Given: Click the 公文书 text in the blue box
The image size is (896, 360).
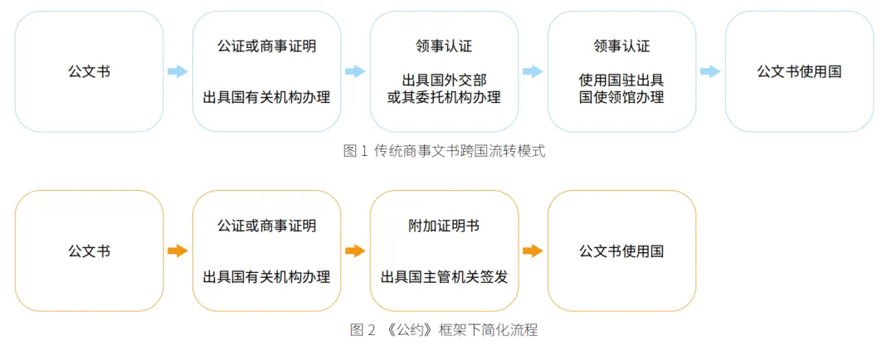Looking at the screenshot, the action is tap(89, 71).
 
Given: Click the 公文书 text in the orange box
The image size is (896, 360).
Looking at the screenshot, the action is tap(89, 251).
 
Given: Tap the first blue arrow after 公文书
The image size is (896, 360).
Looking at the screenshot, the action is tap(178, 71).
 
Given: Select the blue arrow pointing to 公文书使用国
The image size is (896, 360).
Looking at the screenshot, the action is tap(710, 71).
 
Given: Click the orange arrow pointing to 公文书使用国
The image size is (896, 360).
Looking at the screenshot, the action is tap(533, 251).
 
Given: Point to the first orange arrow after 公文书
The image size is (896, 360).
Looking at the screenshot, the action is tap(178, 251).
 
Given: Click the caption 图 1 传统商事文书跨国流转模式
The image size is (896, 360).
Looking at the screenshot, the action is tap(444, 152).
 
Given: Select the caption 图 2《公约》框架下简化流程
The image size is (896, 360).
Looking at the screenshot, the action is tap(444, 330).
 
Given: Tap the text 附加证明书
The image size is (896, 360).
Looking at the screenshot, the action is tap(444, 226).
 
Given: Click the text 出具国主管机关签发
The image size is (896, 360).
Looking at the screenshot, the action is tap(444, 277).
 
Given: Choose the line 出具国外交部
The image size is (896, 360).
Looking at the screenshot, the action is tap(444, 80).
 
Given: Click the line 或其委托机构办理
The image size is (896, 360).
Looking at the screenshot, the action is tap(444, 97).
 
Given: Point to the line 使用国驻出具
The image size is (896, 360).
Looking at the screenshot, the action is tap(621, 80).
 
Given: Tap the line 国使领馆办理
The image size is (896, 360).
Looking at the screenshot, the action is tap(621, 97).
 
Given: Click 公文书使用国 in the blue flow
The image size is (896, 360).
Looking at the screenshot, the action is tap(800, 71).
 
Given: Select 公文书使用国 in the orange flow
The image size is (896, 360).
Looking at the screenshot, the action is tap(621, 251).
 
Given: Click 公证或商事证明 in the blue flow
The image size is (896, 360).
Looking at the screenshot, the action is tap(267, 46).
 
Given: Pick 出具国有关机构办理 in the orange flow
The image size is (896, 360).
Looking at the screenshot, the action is tap(267, 277).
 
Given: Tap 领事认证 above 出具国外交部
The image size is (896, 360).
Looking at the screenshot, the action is tap(444, 46).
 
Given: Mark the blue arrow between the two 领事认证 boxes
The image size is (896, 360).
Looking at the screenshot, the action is tap(533, 71).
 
